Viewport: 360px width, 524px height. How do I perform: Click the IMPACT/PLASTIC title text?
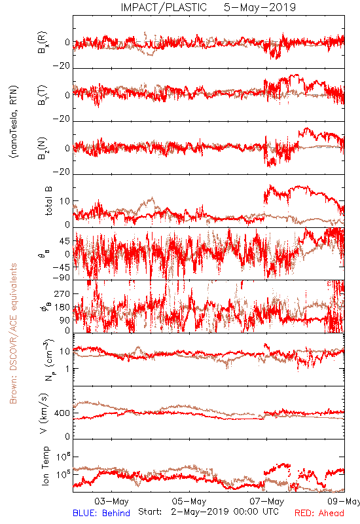coord(164,7)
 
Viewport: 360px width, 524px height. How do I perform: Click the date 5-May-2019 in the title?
coord(260,7)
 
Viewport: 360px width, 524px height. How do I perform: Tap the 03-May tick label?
coord(111,501)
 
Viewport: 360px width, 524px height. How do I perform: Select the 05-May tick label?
coord(189,501)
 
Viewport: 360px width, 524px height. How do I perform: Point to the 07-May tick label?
coord(267,501)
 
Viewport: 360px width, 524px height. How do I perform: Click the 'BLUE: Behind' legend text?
coord(101,513)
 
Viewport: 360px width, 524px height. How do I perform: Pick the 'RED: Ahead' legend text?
coord(319,513)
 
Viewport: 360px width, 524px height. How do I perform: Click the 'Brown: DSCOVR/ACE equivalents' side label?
coord(13,333)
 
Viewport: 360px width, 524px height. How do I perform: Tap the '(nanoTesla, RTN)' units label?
coord(14,122)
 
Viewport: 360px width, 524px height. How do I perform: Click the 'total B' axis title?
coord(48,201)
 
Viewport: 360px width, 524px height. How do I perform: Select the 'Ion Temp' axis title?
coord(46,466)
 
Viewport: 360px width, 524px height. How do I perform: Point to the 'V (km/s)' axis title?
coord(44,413)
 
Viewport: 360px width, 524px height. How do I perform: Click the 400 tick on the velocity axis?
coord(62,413)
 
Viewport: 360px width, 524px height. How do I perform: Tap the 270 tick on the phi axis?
coord(62,294)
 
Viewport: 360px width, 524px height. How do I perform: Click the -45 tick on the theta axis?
coord(62,267)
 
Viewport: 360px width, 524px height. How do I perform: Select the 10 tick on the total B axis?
coord(65,201)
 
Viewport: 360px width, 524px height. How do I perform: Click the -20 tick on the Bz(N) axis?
coord(62,172)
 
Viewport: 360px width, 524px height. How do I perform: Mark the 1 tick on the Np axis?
coord(68,369)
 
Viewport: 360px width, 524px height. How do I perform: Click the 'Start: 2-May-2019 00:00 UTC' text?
coord(208,512)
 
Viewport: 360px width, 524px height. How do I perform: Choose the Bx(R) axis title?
coord(43,43)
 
